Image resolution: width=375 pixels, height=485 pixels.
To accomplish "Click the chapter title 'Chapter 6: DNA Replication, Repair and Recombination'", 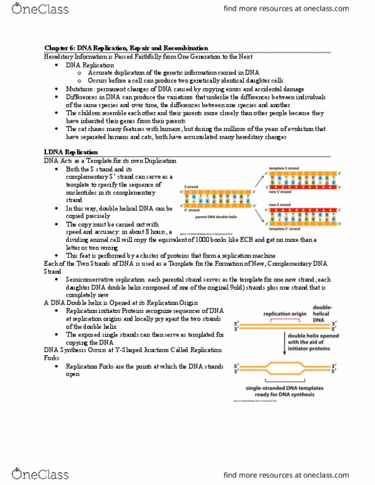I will click(125, 48).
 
